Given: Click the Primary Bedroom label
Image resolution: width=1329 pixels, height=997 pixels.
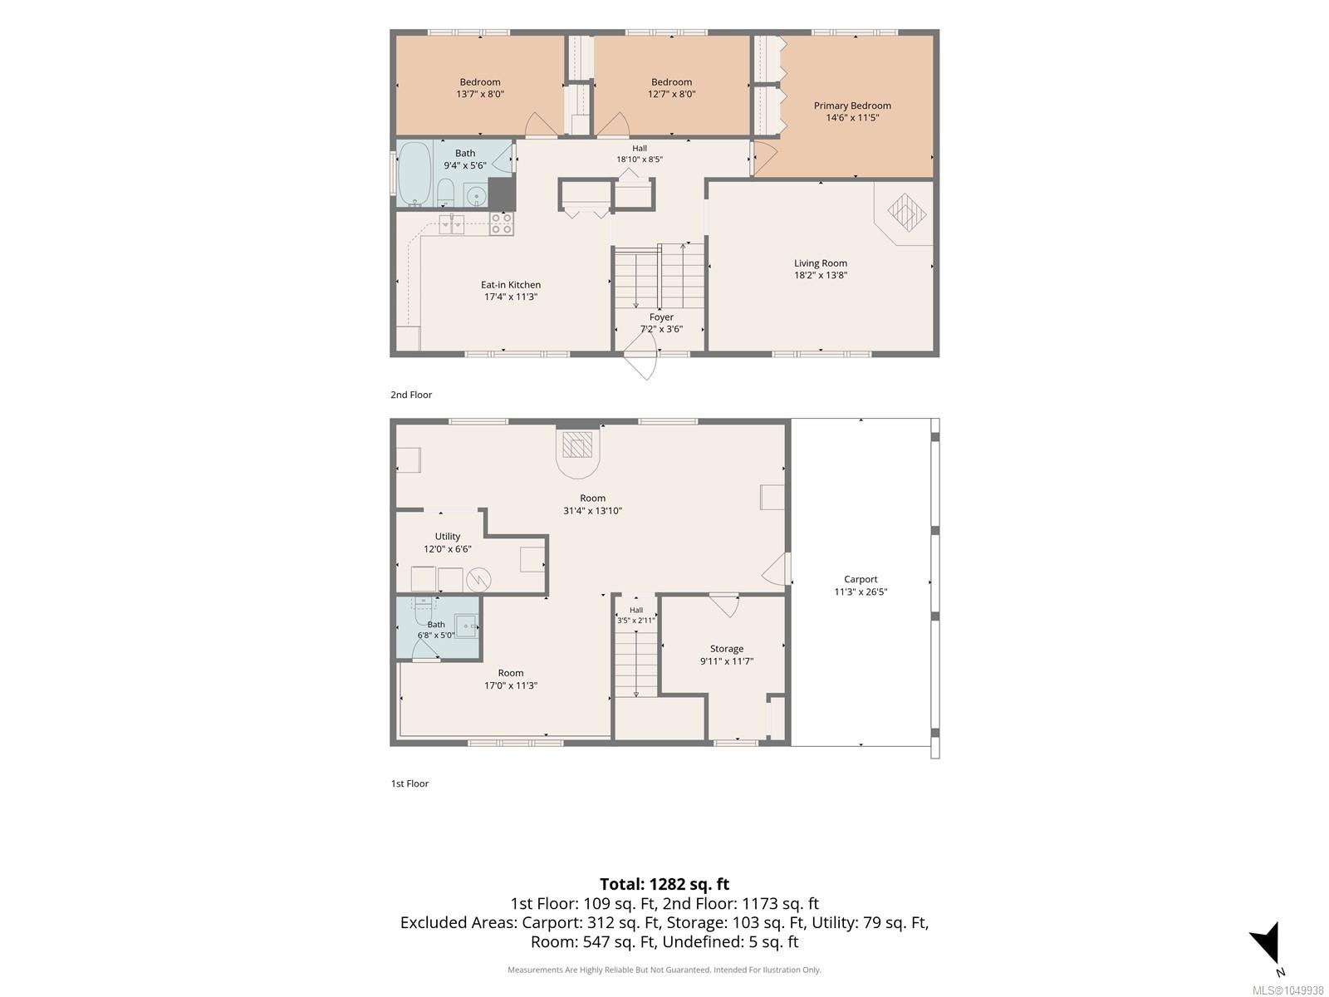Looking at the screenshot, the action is pos(852,106).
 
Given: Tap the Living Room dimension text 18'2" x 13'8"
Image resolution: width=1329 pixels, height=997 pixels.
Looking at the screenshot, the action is pos(821,275).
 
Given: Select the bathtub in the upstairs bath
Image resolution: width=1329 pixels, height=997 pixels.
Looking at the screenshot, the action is pos(414,174).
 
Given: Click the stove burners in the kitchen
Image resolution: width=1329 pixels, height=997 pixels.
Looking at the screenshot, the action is pos(502,223).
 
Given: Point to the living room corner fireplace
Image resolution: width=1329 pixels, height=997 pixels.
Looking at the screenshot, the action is pos(905,213).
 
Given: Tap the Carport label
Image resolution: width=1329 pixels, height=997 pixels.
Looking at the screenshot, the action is pos(861,579).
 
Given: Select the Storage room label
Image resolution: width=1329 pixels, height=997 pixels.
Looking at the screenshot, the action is pos(727,648).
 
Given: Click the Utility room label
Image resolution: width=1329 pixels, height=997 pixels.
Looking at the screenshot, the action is pos(448,537).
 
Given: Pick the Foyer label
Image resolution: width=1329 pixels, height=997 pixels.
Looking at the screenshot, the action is pos(661,317).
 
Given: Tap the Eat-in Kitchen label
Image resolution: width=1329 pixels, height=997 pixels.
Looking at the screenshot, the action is pos(510,284).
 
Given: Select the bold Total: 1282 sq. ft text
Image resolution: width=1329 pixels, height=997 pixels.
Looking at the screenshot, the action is pos(664,884).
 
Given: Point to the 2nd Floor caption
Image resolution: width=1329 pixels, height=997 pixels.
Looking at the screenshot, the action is pos(411,395).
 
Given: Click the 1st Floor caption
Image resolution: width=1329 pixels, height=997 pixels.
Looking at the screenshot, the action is pos(409,783).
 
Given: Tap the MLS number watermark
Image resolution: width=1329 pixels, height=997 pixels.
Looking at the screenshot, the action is pos(1287,990).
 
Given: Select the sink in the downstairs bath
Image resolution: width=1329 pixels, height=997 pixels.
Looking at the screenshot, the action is pos(466,626).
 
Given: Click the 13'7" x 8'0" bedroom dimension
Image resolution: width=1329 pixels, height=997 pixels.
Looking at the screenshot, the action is pos(480,94).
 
